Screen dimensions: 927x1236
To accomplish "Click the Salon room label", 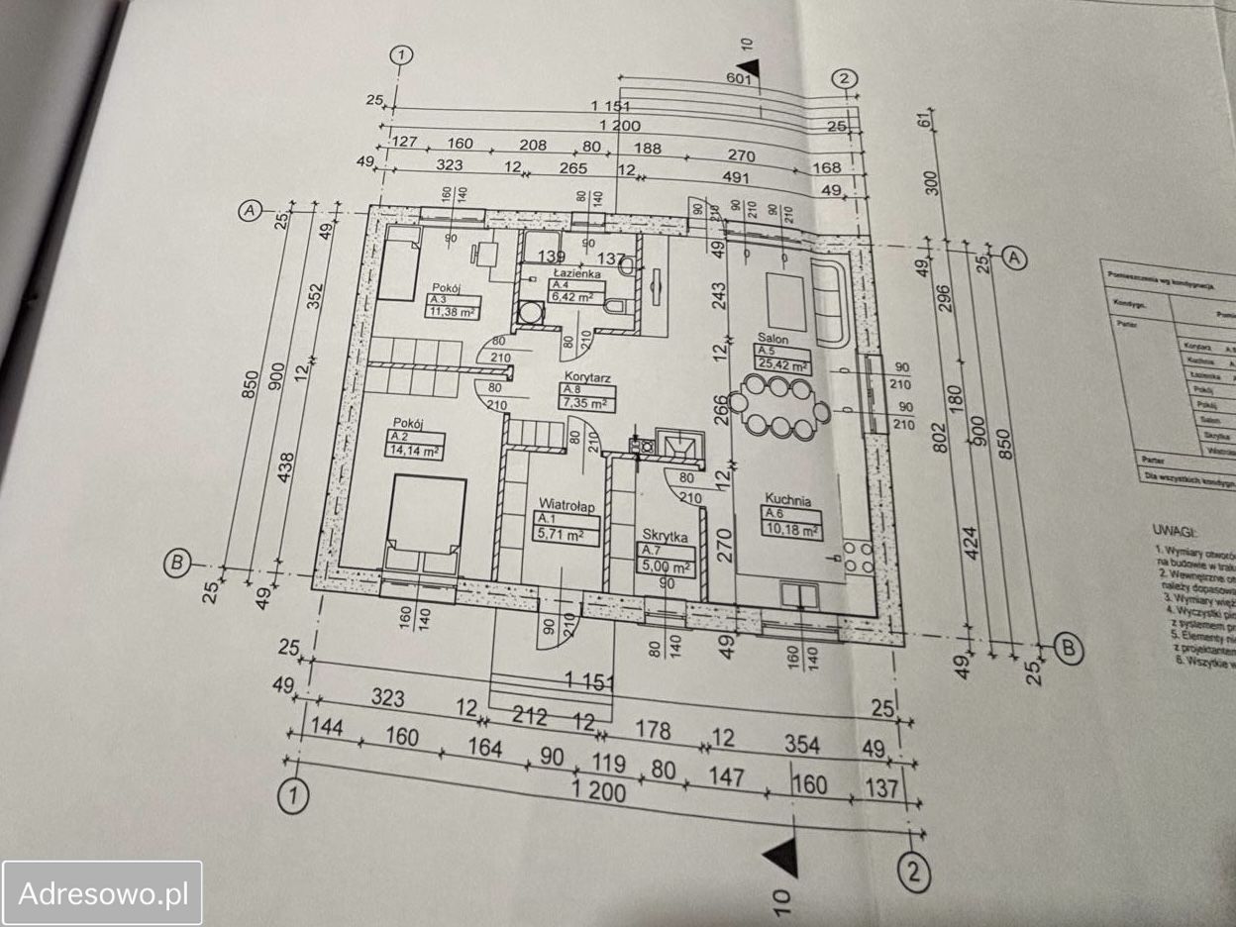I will (772, 339).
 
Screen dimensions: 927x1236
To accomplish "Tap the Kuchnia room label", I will (787, 501).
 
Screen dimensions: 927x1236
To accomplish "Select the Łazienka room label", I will (576, 272).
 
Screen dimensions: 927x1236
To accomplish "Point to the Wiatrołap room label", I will (566, 506).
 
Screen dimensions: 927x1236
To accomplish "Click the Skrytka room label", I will (665, 536).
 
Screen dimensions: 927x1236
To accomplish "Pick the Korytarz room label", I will (586, 377).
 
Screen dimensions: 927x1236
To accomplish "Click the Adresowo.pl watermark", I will (103, 893).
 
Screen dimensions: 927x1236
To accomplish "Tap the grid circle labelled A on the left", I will (250, 210).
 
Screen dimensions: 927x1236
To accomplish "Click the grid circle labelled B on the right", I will (1069, 649).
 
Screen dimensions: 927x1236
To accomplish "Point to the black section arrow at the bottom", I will (782, 856).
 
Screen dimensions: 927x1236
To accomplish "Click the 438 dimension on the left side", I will (285, 473).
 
